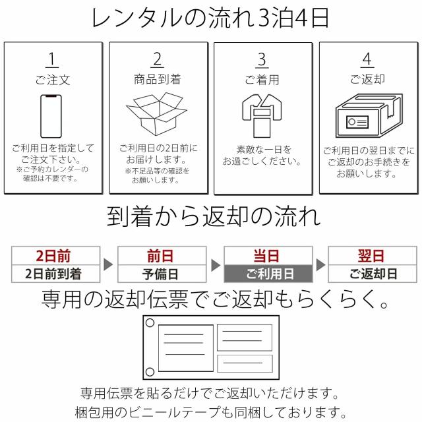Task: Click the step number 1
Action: tap(51, 59)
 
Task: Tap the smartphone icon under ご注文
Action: tap(52, 114)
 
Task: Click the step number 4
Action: tap(367, 59)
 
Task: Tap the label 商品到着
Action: tap(157, 80)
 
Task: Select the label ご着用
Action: tap(262, 80)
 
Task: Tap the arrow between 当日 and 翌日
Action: tap(320, 265)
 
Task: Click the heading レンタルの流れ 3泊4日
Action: tap(211, 19)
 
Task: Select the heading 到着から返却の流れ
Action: tap(211, 216)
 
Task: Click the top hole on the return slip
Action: tap(150, 324)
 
